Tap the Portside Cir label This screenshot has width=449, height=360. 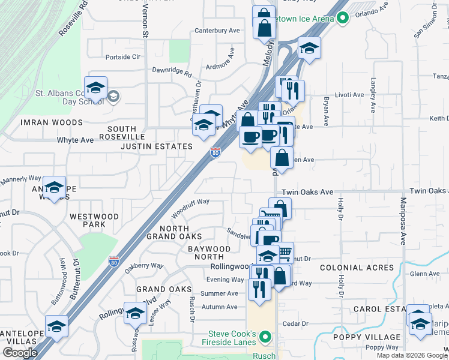click(x=122, y=57)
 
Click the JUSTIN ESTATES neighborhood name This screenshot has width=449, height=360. click(x=157, y=146)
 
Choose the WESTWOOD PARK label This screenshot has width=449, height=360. click(x=88, y=220)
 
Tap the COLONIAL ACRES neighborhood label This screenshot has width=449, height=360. click(x=357, y=268)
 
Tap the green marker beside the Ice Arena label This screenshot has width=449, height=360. click(x=343, y=19)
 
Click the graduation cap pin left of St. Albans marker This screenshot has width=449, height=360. click(x=95, y=89)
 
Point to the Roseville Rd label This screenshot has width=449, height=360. click(x=73, y=19)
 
